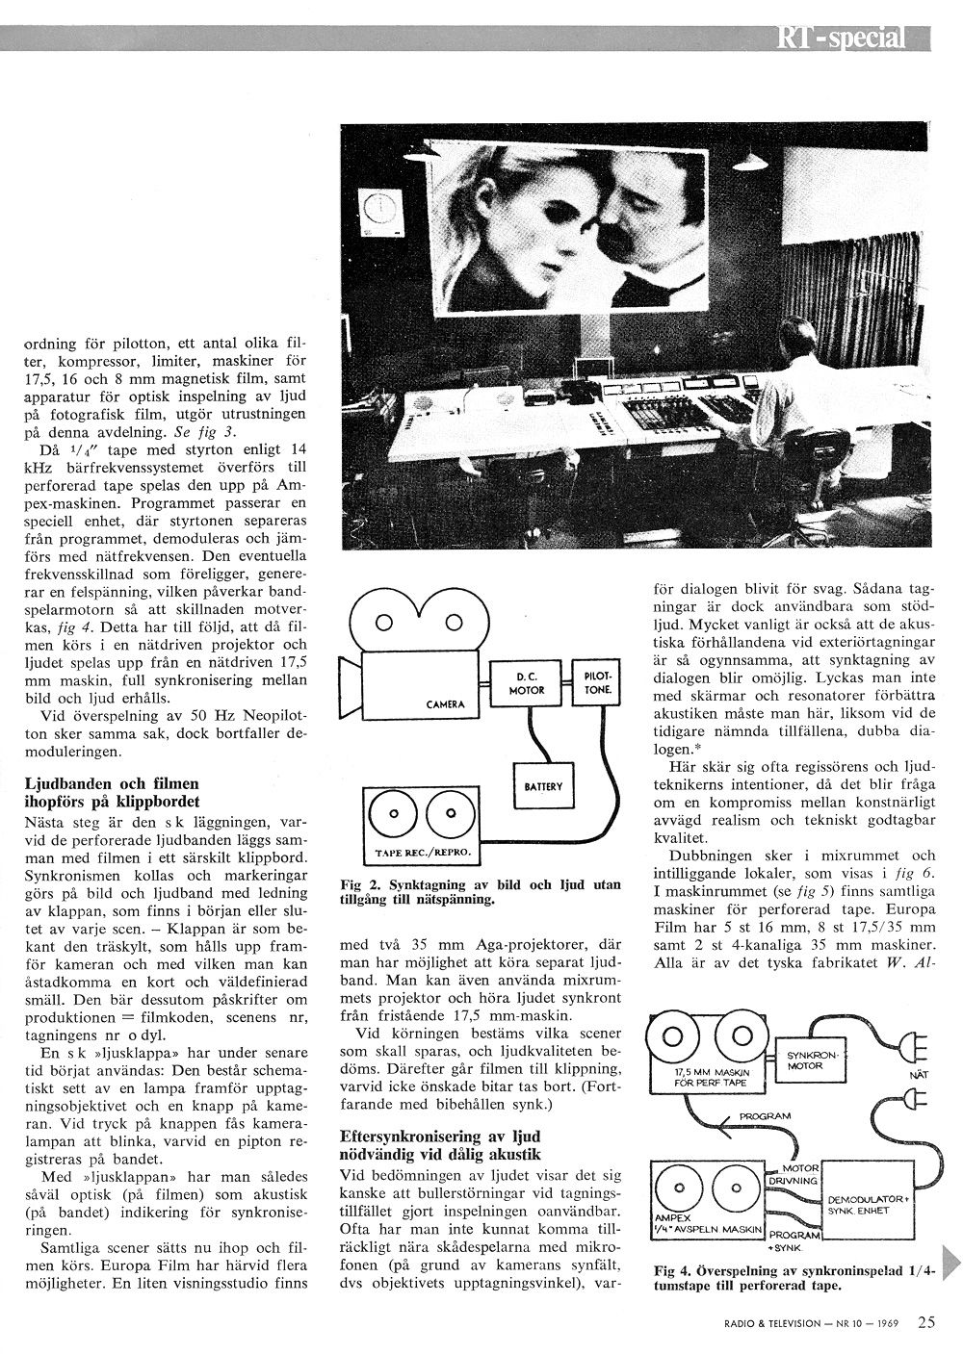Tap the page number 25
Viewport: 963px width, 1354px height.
[926, 1321]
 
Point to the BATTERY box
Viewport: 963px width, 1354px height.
[543, 786]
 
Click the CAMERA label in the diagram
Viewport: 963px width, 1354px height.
[445, 704]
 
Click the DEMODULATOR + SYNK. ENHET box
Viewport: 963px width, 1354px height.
[865, 1204]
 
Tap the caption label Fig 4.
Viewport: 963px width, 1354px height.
[669, 1269]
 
